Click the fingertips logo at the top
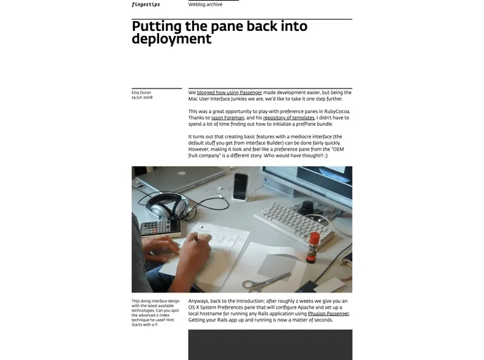tap(146, 4)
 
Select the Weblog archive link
tap(205, 4)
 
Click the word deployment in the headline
tap(172, 39)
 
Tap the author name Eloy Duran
tap(141, 92)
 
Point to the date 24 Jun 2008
tap(142, 97)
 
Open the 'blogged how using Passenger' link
tap(229, 92)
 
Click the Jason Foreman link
tap(228, 117)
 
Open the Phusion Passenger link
tap(328, 314)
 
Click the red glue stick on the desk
tap(313, 247)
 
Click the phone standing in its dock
tap(241, 186)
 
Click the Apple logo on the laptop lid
tap(181, 173)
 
